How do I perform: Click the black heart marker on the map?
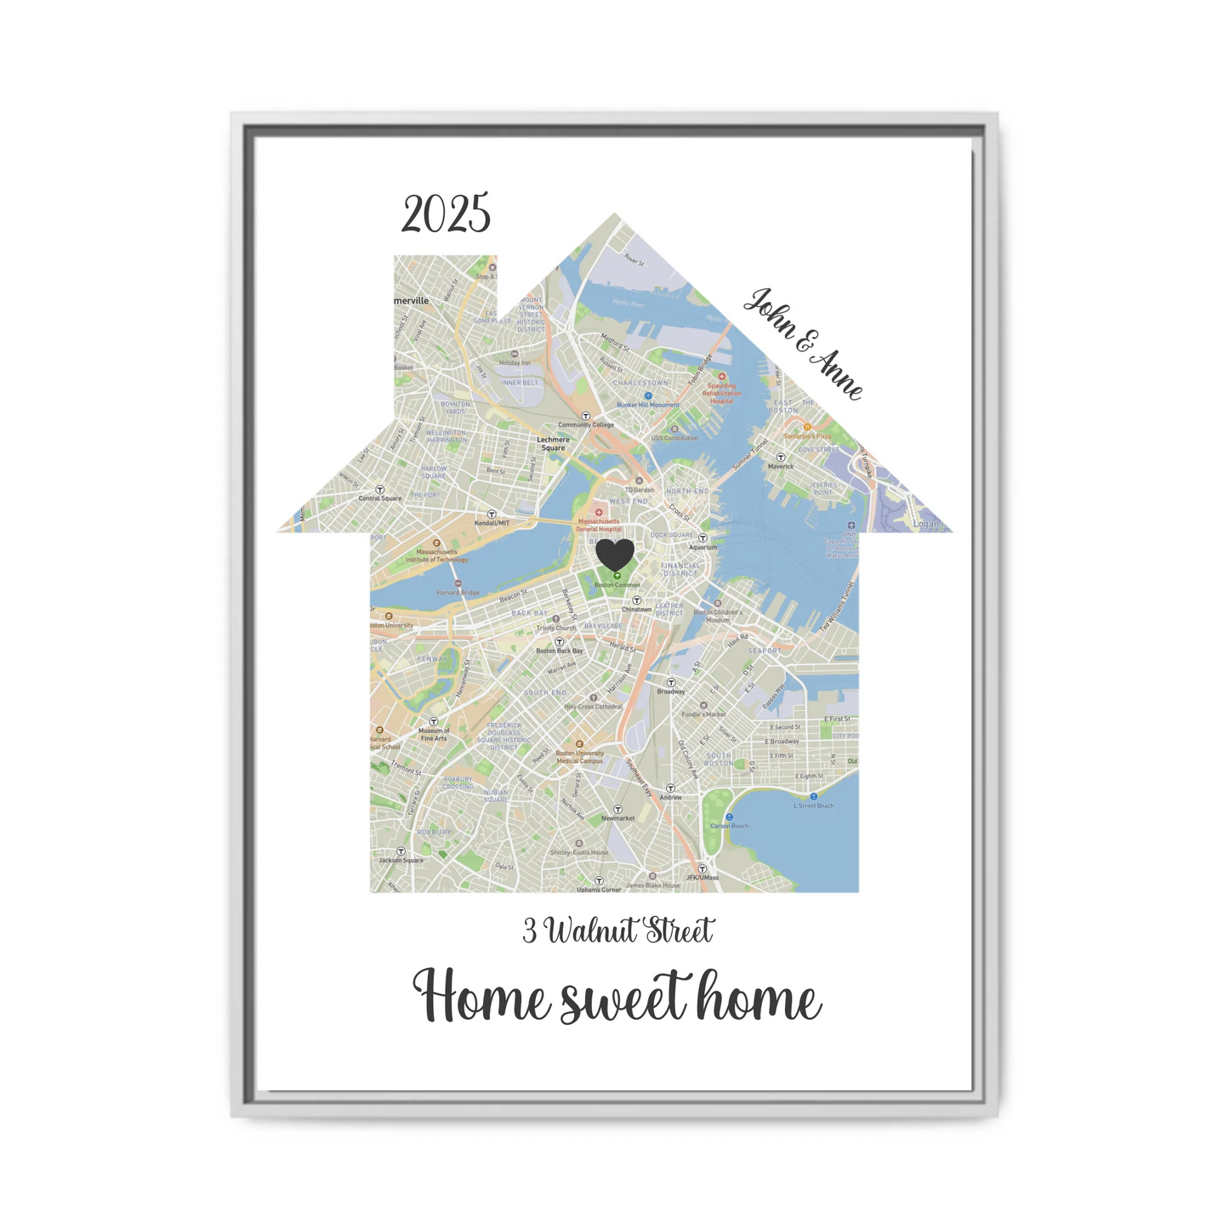point(614,555)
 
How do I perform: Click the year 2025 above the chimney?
point(446,213)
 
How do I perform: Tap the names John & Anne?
point(803,343)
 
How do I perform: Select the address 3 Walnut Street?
point(618,931)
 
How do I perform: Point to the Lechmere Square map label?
point(553,444)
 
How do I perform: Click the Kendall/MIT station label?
point(492,523)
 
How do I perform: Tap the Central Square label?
point(379,498)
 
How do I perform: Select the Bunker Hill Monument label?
point(648,405)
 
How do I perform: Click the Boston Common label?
point(617,585)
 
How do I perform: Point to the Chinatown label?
point(636,609)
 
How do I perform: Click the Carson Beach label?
point(729,826)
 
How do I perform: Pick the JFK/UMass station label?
point(702,877)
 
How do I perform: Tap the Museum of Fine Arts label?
point(434,734)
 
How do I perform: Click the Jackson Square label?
point(401,860)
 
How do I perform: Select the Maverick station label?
point(781,466)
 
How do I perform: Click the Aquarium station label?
point(703,547)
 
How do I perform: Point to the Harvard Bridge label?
point(458,592)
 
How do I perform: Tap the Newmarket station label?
point(618,818)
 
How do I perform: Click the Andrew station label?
point(671,797)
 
